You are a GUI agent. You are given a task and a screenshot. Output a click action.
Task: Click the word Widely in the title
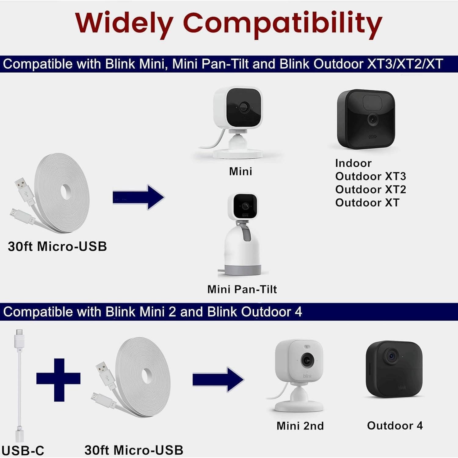124,24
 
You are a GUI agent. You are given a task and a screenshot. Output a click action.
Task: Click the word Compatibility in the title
283,24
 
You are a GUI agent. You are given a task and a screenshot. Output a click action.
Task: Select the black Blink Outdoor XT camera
366,119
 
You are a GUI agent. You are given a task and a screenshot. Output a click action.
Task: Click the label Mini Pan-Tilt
242,289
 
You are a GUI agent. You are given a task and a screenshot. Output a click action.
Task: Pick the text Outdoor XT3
371,176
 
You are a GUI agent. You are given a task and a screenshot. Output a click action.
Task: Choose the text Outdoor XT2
371,189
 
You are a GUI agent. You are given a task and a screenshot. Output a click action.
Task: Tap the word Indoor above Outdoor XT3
353,163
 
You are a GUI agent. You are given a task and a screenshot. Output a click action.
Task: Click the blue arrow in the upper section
138,197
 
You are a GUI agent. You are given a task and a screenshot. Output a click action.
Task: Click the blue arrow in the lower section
218,379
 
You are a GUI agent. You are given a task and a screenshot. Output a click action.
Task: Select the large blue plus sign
58,380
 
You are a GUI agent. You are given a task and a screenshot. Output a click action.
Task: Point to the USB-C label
23,450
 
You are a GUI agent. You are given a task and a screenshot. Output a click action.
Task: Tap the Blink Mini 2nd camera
298,376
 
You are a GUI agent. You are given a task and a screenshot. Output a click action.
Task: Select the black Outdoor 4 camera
394,369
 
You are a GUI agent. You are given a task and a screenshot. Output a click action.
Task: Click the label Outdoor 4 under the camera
395,425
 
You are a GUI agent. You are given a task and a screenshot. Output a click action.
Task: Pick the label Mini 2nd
300,426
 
